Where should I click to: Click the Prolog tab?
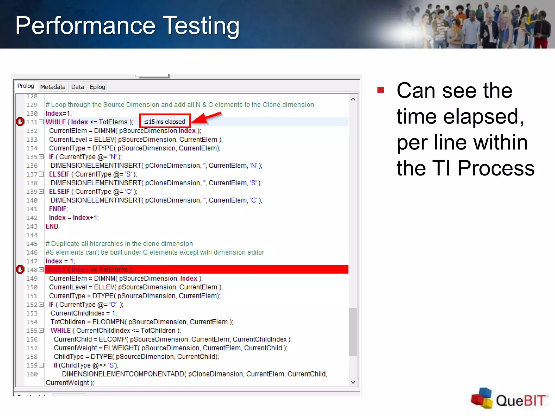point(26,86)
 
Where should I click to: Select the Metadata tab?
point(53,87)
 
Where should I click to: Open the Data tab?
point(78,87)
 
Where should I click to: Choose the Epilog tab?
point(97,87)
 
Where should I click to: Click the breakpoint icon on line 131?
point(20,122)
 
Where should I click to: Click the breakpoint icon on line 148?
point(20,269)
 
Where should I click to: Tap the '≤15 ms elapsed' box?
point(165,122)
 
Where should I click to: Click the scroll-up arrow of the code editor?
point(353,99)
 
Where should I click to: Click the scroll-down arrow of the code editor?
point(353,382)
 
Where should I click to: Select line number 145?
point(32,244)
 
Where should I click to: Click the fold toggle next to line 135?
point(41,157)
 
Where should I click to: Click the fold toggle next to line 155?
point(41,330)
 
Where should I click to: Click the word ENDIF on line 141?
point(58,209)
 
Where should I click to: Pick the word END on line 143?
point(52,226)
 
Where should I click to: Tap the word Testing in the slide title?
point(202,26)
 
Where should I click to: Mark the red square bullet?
point(380,90)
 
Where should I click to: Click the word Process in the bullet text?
point(496,168)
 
